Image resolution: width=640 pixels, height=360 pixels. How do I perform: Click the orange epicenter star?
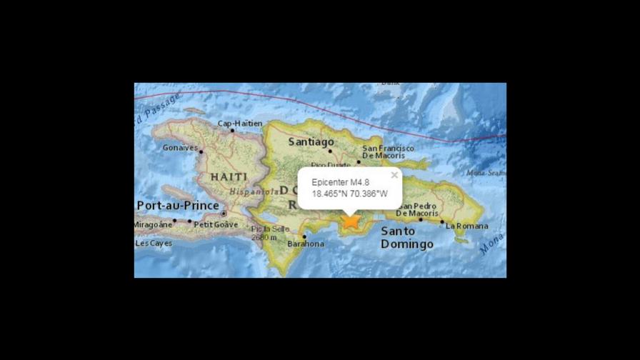click(x=350, y=221)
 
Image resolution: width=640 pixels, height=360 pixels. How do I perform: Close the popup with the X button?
click(x=394, y=175)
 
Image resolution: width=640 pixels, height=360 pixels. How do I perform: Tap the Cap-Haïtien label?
click(x=239, y=124)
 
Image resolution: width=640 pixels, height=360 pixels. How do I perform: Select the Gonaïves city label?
click(x=180, y=147)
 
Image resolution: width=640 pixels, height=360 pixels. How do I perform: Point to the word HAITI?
click(x=228, y=176)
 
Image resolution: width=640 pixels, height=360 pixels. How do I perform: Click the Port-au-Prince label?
click(x=177, y=206)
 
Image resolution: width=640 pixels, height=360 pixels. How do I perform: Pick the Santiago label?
click(x=311, y=142)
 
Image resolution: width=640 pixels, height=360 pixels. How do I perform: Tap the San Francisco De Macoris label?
click(x=388, y=151)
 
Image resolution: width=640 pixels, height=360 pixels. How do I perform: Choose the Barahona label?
click(x=306, y=244)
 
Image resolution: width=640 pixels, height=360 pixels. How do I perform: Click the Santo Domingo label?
click(x=406, y=238)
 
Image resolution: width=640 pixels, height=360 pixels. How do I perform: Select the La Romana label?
click(x=467, y=226)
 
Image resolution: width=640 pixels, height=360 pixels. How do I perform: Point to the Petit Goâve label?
click(x=216, y=224)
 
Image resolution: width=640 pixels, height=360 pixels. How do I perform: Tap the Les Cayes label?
click(x=154, y=243)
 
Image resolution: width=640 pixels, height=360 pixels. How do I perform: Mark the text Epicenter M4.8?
click(x=340, y=182)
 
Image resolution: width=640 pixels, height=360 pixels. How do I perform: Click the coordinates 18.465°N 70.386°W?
click(x=349, y=194)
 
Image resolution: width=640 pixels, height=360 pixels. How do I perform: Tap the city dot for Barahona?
click(x=305, y=236)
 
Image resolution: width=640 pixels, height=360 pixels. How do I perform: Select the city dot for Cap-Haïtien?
click(x=232, y=131)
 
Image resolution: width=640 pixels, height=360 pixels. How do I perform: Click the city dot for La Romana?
click(x=441, y=221)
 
